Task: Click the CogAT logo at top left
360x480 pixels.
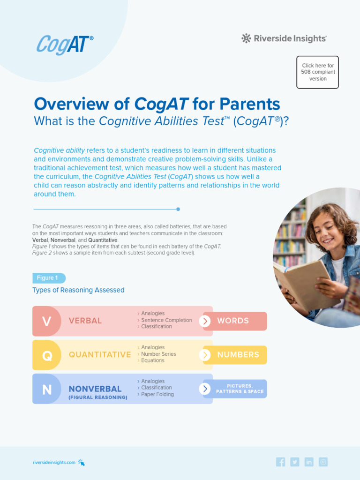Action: (x=65, y=45)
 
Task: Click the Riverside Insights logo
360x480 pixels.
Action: (x=284, y=38)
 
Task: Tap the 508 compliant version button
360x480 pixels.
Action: (x=317, y=72)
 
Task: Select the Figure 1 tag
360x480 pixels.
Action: (x=48, y=278)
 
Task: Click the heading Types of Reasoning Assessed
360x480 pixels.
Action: (x=78, y=290)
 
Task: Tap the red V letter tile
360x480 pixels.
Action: (x=46, y=321)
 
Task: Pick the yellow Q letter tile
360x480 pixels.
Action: (x=46, y=355)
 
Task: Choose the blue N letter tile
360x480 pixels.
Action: (x=46, y=389)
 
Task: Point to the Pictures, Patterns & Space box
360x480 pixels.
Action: (x=240, y=389)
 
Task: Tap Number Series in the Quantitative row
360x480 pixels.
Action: (x=158, y=354)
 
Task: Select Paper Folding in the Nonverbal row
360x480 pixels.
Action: (x=157, y=394)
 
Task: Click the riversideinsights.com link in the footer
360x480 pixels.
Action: (x=54, y=462)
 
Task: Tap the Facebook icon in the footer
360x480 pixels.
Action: (x=281, y=462)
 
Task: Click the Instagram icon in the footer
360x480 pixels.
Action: (x=323, y=462)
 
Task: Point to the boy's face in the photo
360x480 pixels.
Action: (x=328, y=228)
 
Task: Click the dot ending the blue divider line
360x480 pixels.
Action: (x=178, y=209)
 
